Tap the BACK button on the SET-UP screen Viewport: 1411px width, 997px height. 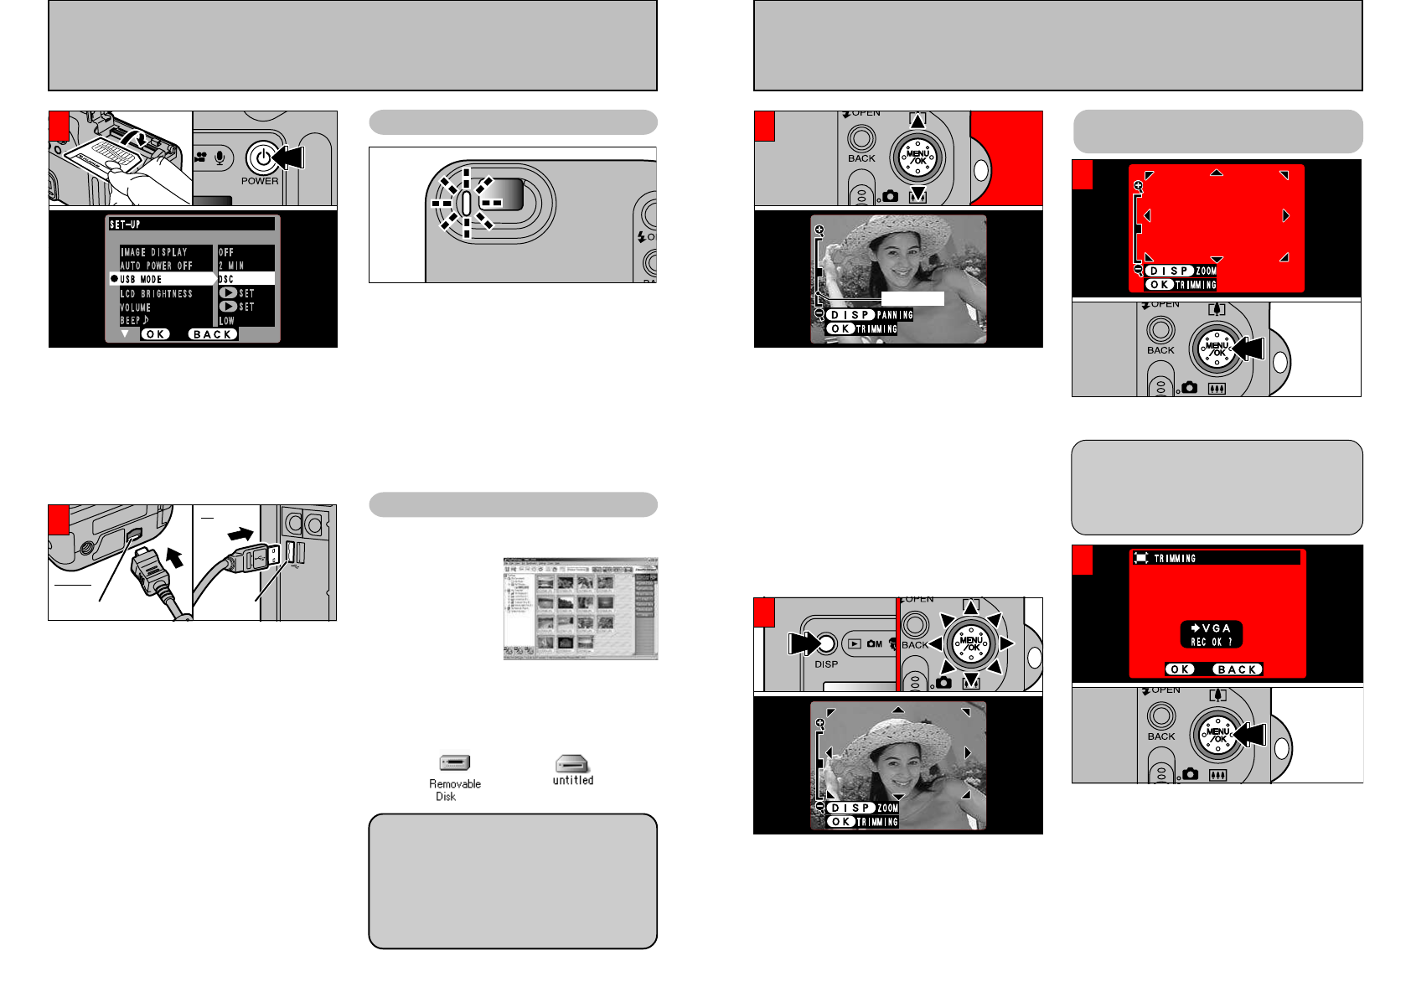[213, 334]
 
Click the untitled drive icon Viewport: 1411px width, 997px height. [572, 764]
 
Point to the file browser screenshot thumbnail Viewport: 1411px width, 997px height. [580, 608]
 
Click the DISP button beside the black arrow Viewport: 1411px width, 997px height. [826, 643]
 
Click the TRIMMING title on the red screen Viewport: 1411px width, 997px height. [1175, 558]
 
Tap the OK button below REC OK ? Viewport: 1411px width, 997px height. [1180, 669]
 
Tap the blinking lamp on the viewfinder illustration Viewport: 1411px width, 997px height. [467, 203]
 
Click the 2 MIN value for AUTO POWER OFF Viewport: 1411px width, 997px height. [232, 266]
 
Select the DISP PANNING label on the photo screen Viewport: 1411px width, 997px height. [869, 315]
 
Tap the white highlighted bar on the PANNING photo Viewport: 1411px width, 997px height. [912, 298]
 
